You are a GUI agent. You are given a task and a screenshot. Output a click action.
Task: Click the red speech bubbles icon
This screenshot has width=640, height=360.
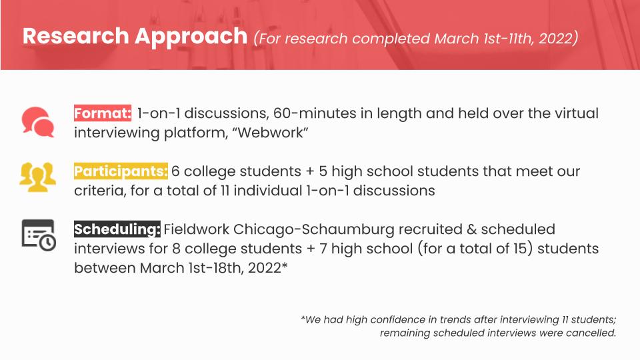pos(37,121)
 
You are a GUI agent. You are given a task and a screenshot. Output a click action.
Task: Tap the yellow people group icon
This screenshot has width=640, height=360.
pos(37,175)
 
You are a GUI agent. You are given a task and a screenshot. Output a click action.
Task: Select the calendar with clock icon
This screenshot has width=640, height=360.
pos(38,234)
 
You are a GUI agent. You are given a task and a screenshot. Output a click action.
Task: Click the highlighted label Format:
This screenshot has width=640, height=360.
pos(102,113)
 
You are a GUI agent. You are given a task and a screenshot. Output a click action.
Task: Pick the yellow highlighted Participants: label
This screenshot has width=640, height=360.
pos(121,171)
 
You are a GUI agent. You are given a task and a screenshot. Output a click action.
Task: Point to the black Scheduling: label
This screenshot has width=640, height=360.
pos(117,230)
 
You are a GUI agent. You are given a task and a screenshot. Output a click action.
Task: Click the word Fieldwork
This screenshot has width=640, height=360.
pos(197,230)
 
